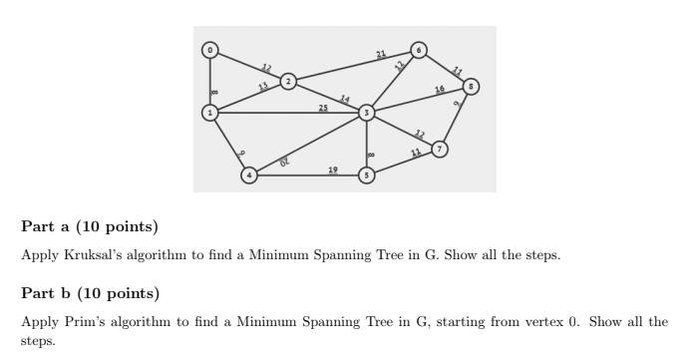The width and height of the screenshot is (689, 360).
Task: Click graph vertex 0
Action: coord(209,49)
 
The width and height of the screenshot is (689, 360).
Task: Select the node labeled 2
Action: coord(287,81)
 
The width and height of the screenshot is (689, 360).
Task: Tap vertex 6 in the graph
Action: coord(419,49)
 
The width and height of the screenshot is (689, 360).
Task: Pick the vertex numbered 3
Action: coord(367,113)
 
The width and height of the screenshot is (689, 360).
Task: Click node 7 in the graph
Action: coord(440,151)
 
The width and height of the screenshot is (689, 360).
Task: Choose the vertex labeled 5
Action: coord(367,176)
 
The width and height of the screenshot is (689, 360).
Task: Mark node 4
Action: coord(249,176)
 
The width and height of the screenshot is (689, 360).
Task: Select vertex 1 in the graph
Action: coord(209,113)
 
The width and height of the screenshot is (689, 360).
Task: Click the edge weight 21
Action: coord(381,52)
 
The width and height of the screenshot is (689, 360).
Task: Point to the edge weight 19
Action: coord(332,171)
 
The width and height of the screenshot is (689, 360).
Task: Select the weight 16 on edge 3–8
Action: coord(440,91)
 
